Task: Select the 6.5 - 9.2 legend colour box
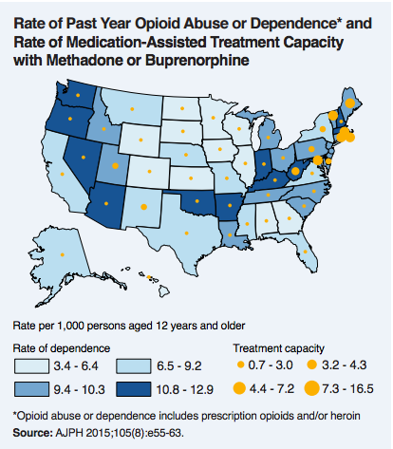pos(131,365)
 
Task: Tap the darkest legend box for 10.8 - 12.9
pos(131,388)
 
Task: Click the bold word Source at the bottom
pos(32,432)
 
